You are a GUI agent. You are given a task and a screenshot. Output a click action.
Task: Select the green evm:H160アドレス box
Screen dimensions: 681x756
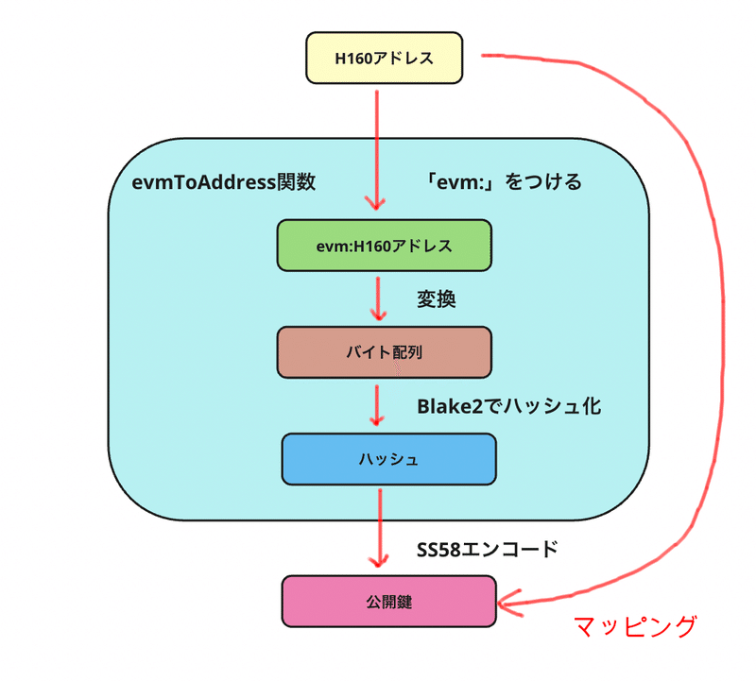pos(384,246)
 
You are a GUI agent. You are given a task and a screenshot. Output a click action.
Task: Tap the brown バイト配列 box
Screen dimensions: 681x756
pos(384,352)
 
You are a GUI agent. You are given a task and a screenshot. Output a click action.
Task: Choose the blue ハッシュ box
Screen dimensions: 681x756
pos(388,459)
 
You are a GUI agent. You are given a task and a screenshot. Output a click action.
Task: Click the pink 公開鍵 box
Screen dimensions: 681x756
pos(388,601)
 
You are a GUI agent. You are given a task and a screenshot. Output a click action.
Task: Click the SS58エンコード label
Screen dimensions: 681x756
pos(487,549)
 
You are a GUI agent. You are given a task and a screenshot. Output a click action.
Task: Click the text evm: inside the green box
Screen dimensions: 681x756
pos(335,246)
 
